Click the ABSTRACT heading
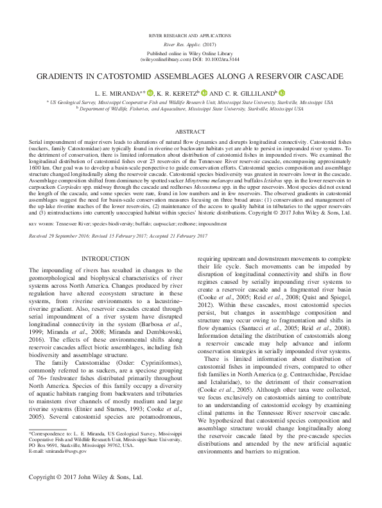coord(190,130)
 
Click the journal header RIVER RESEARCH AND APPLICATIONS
coord(191,30)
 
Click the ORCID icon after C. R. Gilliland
coord(282,93)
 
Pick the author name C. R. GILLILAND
coord(248,94)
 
